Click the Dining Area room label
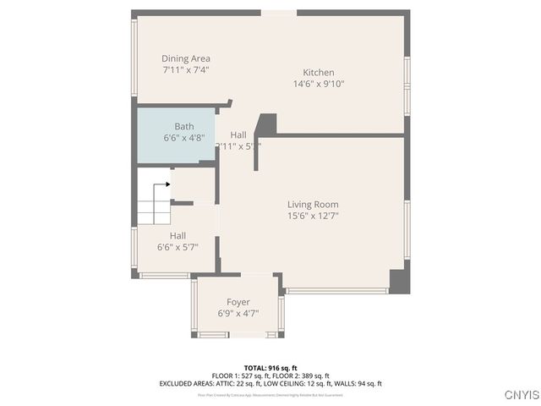coord(186,58)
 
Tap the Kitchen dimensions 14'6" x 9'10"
coord(319,84)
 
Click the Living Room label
coord(313,205)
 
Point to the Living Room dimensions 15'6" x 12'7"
coord(313,216)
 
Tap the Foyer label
coord(238,302)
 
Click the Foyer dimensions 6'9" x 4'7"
coord(238,313)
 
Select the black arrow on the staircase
coord(167,184)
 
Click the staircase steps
coord(153,203)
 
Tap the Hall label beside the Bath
coord(238,134)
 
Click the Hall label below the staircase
coord(178,236)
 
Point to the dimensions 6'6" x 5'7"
coord(178,247)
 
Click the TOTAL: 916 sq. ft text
coord(270,368)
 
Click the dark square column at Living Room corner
coord(399,282)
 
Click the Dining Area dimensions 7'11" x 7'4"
coord(186,69)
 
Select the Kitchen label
coord(319,73)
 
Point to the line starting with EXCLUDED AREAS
coord(270,383)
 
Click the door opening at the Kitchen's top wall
coord(278,13)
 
